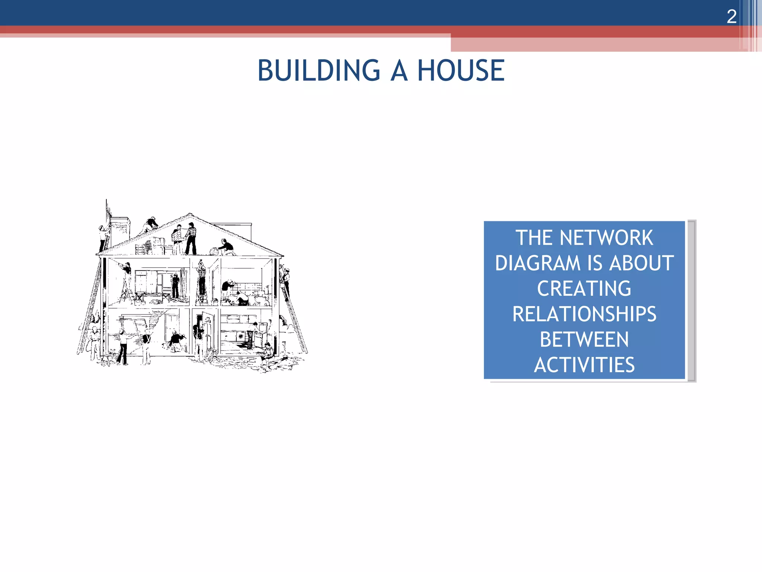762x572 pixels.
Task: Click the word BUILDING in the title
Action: click(319, 70)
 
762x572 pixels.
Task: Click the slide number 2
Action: click(731, 16)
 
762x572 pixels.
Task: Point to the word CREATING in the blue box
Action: click(584, 288)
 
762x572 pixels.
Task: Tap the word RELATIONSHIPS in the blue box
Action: click(584, 314)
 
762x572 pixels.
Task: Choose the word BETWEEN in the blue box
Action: click(584, 339)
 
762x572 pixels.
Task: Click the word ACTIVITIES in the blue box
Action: click(584, 365)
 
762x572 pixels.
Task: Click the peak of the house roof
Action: click(190, 215)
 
